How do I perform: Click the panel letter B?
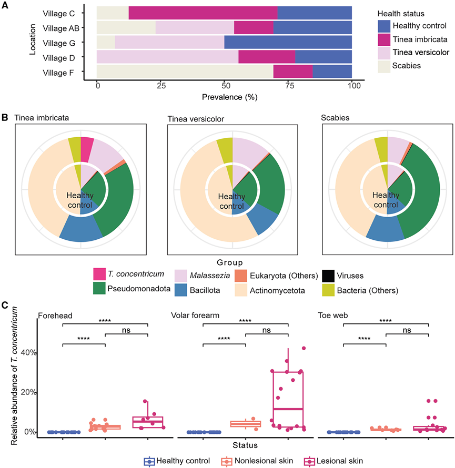click(6, 118)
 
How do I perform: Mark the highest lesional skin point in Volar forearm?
click(303, 348)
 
